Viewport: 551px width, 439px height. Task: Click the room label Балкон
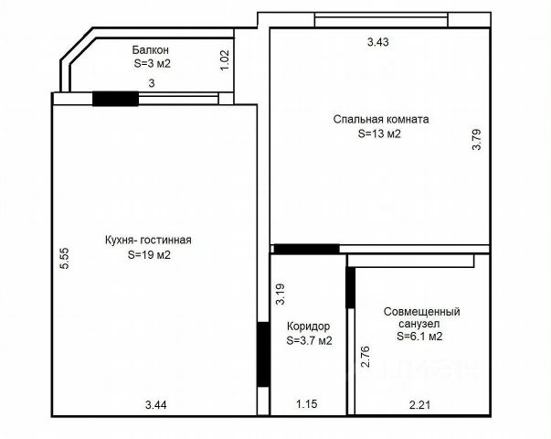pos(151,50)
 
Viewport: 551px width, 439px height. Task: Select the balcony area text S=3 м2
pos(153,64)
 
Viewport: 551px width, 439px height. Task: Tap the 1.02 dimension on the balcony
pos(225,60)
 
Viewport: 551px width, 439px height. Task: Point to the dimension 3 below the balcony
pos(152,83)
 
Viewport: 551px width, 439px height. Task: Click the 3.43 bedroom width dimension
pos(378,42)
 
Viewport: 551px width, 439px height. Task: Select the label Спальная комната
pos(381,119)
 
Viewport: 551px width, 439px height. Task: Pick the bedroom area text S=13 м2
pos(379,134)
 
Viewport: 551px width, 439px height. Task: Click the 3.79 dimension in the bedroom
pos(476,140)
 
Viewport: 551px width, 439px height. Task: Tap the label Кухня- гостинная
pos(148,240)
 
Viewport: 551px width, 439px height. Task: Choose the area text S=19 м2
pos(149,254)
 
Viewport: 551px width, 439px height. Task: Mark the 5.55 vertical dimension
pos(65,259)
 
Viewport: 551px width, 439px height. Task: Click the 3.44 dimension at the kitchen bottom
pos(156,405)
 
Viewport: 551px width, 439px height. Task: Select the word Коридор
pos(309,327)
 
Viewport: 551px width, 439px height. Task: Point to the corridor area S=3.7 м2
pos(309,340)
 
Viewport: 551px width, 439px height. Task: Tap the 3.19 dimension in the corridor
pos(280,294)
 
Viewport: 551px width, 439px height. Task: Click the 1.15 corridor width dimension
pos(307,404)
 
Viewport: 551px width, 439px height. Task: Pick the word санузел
pos(419,324)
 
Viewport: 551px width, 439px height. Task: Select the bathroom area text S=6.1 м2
pos(420,337)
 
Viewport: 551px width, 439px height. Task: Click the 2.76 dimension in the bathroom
pos(366,357)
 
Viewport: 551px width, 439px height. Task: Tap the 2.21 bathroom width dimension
pos(420,405)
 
